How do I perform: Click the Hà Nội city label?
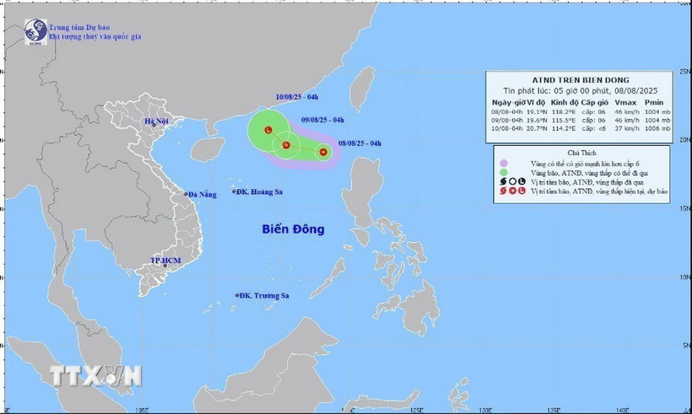pos(157,122)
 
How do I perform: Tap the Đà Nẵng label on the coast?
pos(205,195)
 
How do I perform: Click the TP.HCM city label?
pos(167,261)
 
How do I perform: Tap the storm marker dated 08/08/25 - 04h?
pos(322,153)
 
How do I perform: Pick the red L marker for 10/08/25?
pos(268,131)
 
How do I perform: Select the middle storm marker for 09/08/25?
pos(286,147)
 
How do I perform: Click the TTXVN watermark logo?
pos(95,375)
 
